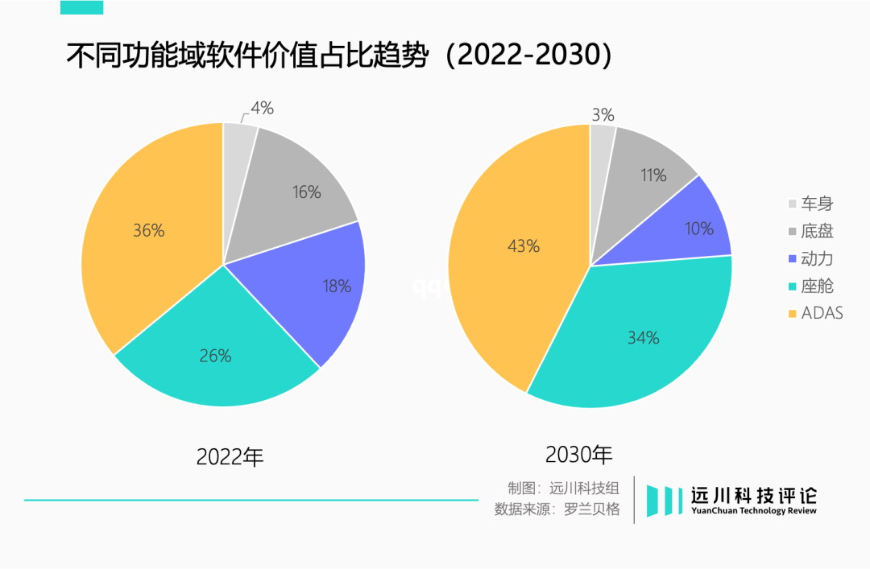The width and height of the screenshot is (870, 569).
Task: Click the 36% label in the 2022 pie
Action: [148, 231]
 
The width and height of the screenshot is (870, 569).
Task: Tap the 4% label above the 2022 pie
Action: [263, 108]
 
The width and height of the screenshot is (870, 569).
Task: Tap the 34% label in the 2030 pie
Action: [644, 338]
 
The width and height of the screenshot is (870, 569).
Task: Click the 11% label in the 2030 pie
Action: [653, 175]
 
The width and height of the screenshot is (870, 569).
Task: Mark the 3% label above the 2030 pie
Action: [603, 115]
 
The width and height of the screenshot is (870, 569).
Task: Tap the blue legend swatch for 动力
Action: [792, 258]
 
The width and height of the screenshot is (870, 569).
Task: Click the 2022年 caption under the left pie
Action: [230, 457]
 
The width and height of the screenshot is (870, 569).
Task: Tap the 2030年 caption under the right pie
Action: [579, 455]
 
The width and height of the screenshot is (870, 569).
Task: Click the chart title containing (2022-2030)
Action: [338, 56]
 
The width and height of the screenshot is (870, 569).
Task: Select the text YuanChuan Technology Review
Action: [754, 511]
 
